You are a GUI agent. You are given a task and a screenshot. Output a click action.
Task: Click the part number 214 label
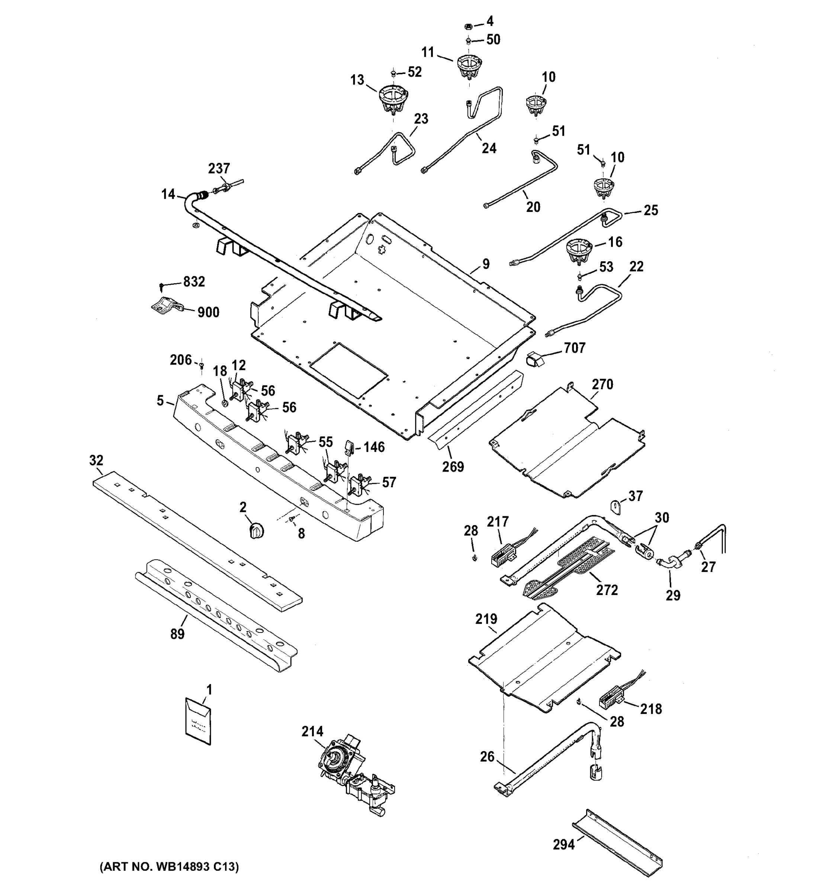coord(312,732)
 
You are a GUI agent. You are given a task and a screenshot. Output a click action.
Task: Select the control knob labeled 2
coord(256,531)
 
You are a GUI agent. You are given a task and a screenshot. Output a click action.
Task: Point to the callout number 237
coord(219,169)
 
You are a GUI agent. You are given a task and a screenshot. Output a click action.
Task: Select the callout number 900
coord(208,312)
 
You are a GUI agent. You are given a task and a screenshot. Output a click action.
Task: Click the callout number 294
coord(564,845)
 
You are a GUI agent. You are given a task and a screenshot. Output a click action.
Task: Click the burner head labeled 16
coord(578,251)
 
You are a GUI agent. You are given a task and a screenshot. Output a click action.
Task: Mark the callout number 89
coord(177,634)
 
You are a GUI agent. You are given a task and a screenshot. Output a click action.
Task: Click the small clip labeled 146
coord(349,447)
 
